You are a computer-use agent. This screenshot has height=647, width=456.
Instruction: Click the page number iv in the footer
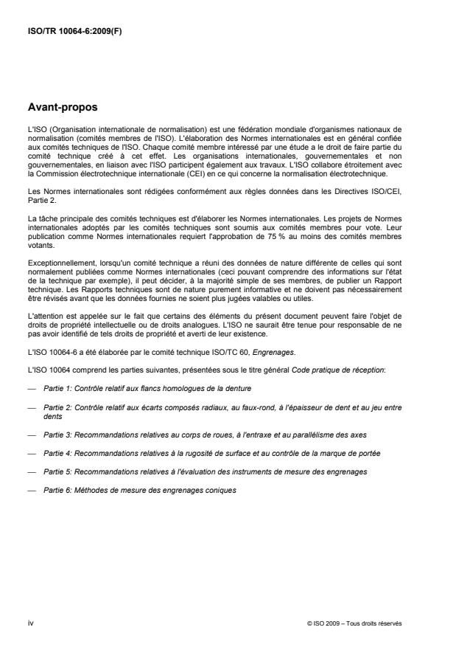tap(29, 622)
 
